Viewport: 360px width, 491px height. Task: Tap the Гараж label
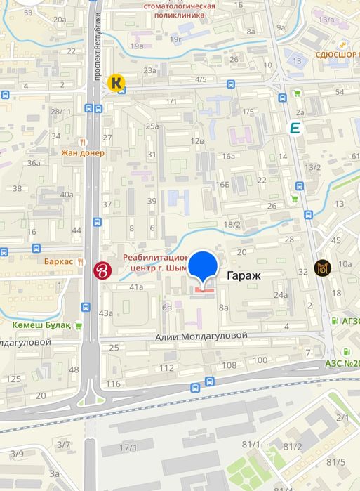244,276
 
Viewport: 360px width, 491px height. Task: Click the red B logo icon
103,268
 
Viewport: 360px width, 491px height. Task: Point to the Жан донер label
81,152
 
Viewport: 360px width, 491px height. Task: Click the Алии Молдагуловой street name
201,336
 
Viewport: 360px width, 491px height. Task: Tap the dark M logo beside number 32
323,268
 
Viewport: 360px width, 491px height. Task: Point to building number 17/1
128,447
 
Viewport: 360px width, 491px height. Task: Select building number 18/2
232,224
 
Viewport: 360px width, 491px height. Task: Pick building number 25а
152,126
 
